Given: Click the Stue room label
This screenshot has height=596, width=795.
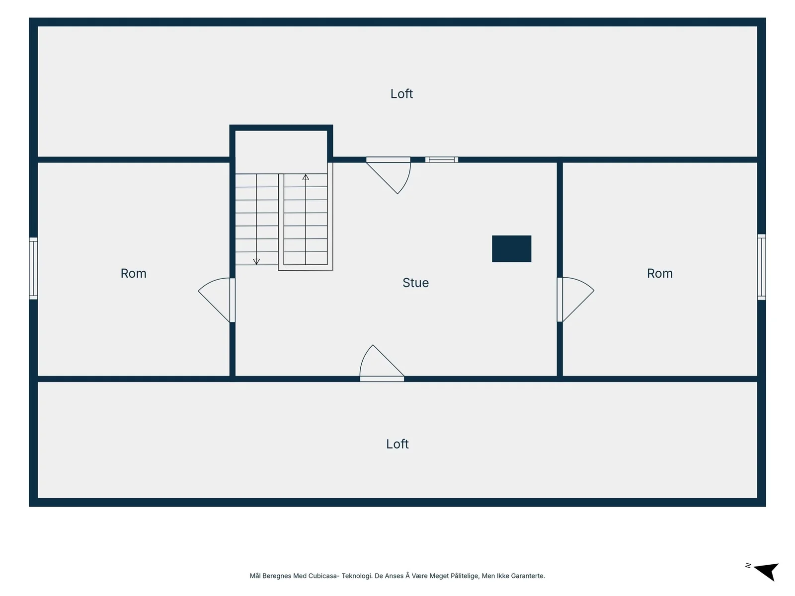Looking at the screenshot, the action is pyautogui.click(x=415, y=283).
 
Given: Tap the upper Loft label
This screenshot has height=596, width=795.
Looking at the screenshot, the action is pyautogui.click(x=401, y=94).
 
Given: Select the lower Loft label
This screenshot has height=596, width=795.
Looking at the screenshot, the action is pyautogui.click(x=397, y=444).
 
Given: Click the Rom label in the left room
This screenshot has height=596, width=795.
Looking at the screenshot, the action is pyautogui.click(x=133, y=273).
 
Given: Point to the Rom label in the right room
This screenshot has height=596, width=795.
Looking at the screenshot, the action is pyautogui.click(x=659, y=273).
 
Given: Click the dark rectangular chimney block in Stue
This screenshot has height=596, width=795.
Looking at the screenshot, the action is pyautogui.click(x=511, y=249).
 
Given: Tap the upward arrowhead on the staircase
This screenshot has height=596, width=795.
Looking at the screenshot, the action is pyautogui.click(x=306, y=177).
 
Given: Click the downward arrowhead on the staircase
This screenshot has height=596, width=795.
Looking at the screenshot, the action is pyautogui.click(x=256, y=261).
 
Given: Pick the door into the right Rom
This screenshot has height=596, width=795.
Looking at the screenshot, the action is pyautogui.click(x=576, y=299).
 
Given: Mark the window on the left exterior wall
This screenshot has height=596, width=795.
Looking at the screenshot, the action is pyautogui.click(x=33, y=268).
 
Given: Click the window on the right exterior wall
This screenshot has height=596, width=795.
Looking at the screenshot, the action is pyautogui.click(x=761, y=267).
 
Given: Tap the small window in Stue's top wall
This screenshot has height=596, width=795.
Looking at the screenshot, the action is pyautogui.click(x=442, y=159).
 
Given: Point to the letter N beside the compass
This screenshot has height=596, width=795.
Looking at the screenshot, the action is pyautogui.click(x=748, y=566).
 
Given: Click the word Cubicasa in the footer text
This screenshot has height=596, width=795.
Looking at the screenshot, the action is pyautogui.click(x=322, y=576).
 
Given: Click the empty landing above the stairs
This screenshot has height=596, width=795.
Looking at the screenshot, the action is pyautogui.click(x=281, y=152).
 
